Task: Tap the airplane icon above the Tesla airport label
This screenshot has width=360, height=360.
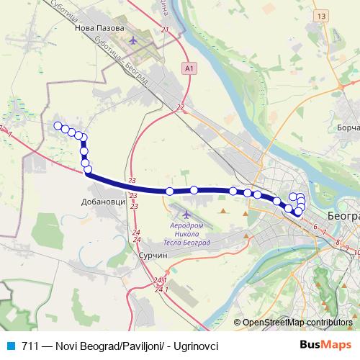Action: tap(186, 214)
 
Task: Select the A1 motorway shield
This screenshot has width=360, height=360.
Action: tap(189, 68)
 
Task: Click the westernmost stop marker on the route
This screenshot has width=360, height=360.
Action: tap(58, 126)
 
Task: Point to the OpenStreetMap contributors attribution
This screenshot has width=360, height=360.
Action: tap(297, 322)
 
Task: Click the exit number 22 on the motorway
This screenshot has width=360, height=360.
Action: tap(180, 107)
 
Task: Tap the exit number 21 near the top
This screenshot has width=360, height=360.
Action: tap(165, 30)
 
